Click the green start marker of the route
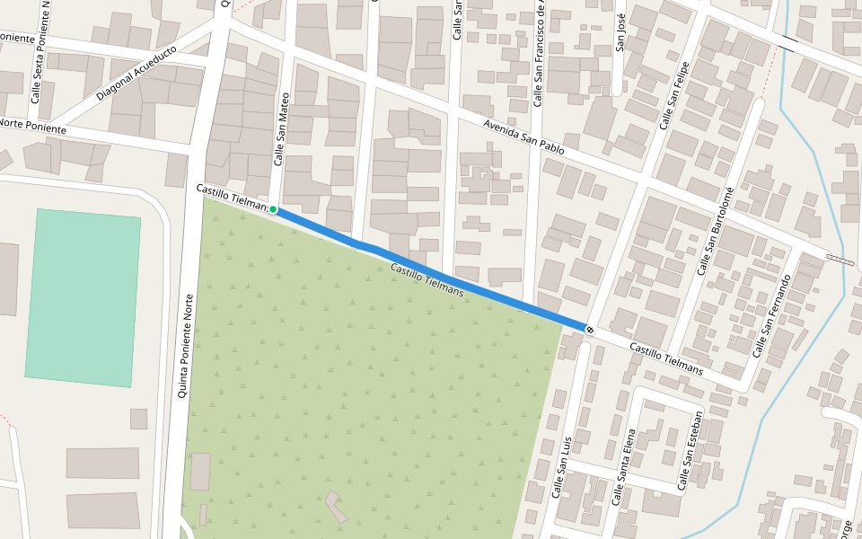pos(273,209)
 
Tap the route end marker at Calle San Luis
pos(589,330)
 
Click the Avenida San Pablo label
pos(523,137)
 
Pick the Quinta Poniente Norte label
pos(187,347)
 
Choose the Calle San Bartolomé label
pos(716,231)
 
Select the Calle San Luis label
pos(562,468)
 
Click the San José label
pos(620,32)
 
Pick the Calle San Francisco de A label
pos(539,54)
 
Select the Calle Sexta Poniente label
pos(40,54)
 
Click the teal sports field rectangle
pos(84,297)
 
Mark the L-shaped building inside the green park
pos(337,507)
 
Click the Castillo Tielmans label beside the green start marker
pos(230,198)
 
